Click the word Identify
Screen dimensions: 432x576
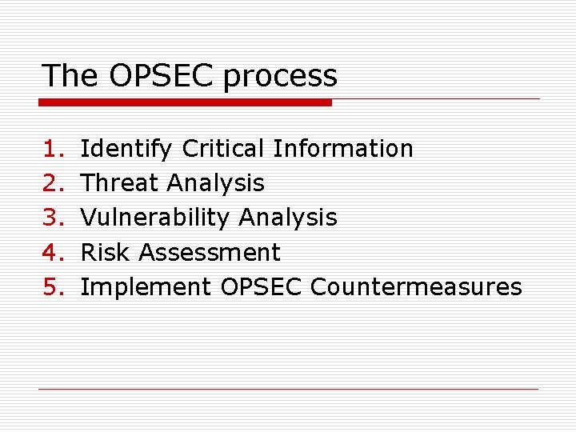126,150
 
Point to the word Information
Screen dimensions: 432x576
343,149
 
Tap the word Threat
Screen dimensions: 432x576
120,183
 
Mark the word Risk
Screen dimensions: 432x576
106,252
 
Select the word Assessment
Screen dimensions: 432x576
210,252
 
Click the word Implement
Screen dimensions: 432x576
146,287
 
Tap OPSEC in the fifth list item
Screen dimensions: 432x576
261,286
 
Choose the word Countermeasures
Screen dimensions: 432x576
416,286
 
